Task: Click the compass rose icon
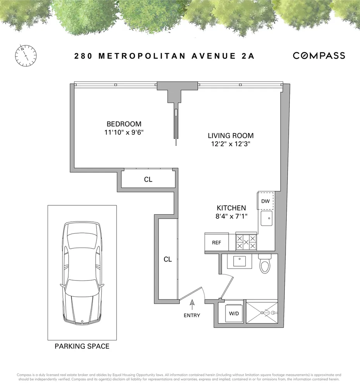26,55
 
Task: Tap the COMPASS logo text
319,55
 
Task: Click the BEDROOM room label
124,124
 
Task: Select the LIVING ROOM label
231,136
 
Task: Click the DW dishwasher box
265,201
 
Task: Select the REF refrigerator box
216,242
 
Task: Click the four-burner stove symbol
246,242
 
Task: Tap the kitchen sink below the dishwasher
266,218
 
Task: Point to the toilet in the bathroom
265,265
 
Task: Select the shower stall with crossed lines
262,313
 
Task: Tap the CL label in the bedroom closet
148,180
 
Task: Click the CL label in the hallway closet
167,259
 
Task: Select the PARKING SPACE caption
82,346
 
